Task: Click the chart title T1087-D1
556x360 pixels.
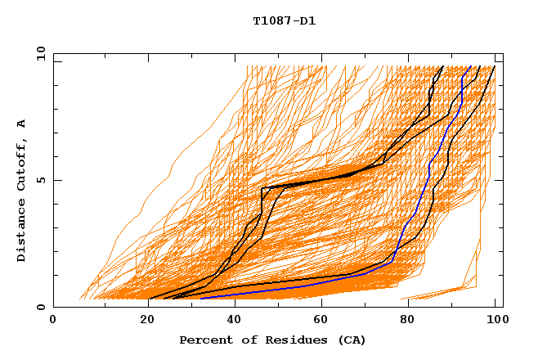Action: tap(284, 20)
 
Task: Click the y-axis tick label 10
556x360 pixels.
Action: tap(40, 53)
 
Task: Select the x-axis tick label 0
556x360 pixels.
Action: tap(53, 321)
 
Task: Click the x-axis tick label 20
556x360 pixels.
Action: tap(141, 321)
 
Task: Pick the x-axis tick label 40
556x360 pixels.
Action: tap(231, 321)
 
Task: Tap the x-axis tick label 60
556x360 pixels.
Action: tap(319, 321)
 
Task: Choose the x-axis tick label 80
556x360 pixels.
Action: tap(407, 321)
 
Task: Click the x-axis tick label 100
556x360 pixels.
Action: tap(495, 321)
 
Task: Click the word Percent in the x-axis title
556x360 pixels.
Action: tap(204, 340)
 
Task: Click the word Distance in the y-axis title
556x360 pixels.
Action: tap(22, 231)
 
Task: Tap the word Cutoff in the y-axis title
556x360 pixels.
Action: tap(22, 167)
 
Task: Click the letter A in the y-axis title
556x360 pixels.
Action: tap(22, 124)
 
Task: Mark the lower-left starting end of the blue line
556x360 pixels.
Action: tap(200, 298)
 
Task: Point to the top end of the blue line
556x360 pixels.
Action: tap(469, 67)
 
